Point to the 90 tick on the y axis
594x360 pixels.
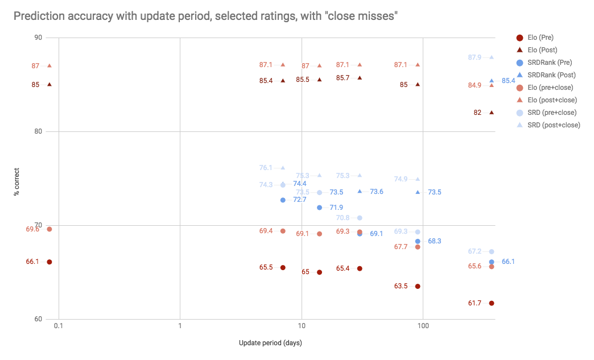38,38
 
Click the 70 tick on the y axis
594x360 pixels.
38,225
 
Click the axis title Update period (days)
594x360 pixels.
270,343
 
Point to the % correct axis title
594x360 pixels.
16,178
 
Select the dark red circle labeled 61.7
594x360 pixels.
492,303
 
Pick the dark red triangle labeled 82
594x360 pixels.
492,113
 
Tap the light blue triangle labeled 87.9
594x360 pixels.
492,57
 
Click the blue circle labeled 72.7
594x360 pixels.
283,200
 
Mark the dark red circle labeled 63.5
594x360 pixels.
418,286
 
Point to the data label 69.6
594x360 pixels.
32,229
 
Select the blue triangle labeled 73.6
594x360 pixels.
360,192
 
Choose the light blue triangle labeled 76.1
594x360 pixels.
283,168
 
